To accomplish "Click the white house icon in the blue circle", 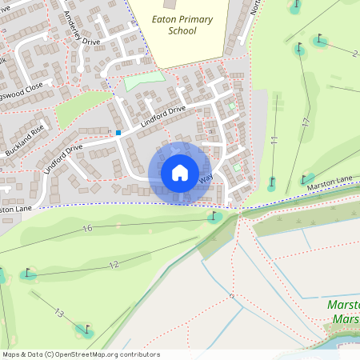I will tap(180, 173).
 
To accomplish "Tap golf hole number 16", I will tap(87, 229).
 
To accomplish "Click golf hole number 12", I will tap(113, 265).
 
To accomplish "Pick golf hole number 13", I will tap(58, 313).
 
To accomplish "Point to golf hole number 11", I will tap(274, 141).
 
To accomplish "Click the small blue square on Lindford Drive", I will tap(118, 132).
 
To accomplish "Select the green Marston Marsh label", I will tap(344, 313).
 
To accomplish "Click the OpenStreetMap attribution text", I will tap(80, 354).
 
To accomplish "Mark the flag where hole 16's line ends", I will tap(214, 216).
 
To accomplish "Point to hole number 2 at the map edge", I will tap(354, 53).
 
